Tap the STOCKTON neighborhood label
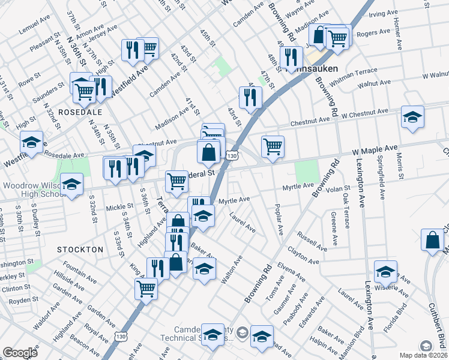point(80,248)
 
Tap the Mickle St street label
point(115,208)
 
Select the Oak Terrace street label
point(346,211)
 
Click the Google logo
point(20,353)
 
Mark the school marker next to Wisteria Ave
point(385,271)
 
